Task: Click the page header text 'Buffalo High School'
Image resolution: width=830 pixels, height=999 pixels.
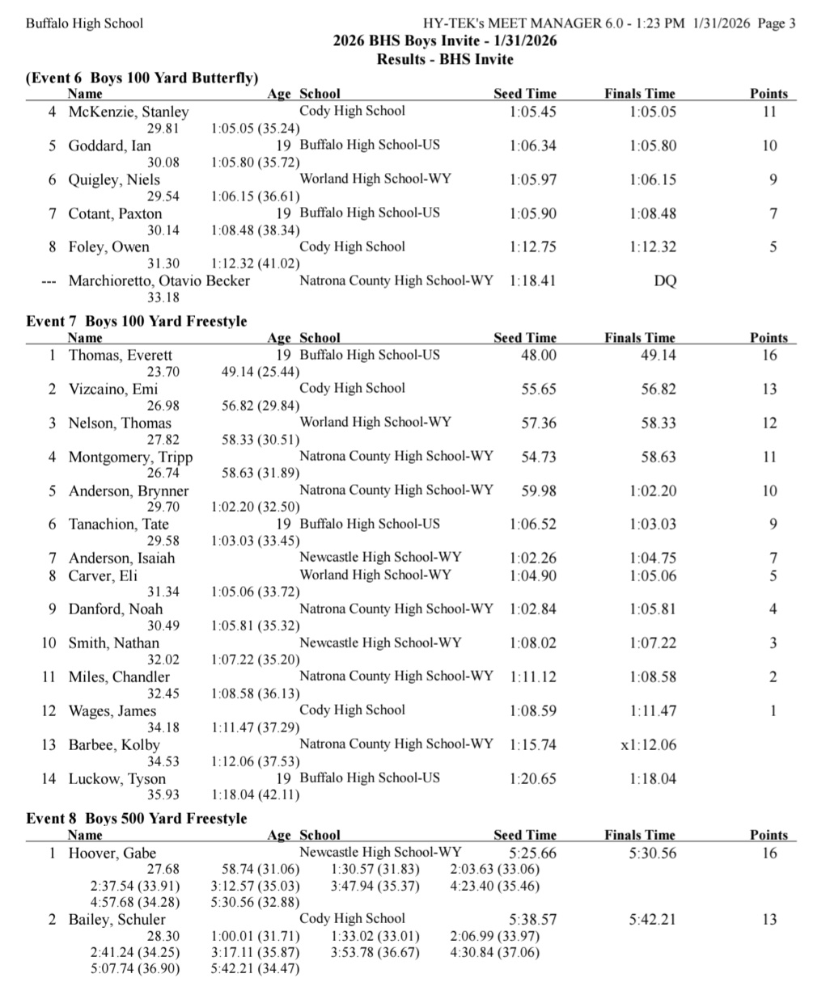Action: pos(84,23)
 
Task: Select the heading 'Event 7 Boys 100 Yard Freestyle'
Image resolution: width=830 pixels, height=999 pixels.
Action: pos(137,321)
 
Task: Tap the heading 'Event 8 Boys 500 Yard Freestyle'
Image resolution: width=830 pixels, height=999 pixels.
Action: pos(137,818)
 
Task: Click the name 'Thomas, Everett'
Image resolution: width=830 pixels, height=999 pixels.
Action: pos(120,356)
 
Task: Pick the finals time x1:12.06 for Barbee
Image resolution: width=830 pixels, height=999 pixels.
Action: pos(648,745)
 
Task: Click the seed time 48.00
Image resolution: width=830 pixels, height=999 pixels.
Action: pos(538,356)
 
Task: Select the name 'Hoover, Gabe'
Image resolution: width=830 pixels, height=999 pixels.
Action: pos(112,854)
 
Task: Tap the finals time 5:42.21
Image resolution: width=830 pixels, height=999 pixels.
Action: pos(652,920)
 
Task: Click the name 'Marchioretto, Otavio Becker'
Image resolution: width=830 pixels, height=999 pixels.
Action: pos(159,281)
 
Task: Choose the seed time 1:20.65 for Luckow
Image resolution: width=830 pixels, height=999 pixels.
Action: pos(532,779)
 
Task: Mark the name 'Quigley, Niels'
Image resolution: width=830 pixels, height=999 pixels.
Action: pos(114,180)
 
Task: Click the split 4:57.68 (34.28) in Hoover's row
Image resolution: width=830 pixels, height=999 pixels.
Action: pos(135,902)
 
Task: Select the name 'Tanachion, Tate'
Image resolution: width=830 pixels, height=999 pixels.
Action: pos(118,525)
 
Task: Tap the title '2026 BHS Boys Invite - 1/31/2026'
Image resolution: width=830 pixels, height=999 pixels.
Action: pos(444,41)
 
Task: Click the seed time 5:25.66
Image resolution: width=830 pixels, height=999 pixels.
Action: pos(532,854)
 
